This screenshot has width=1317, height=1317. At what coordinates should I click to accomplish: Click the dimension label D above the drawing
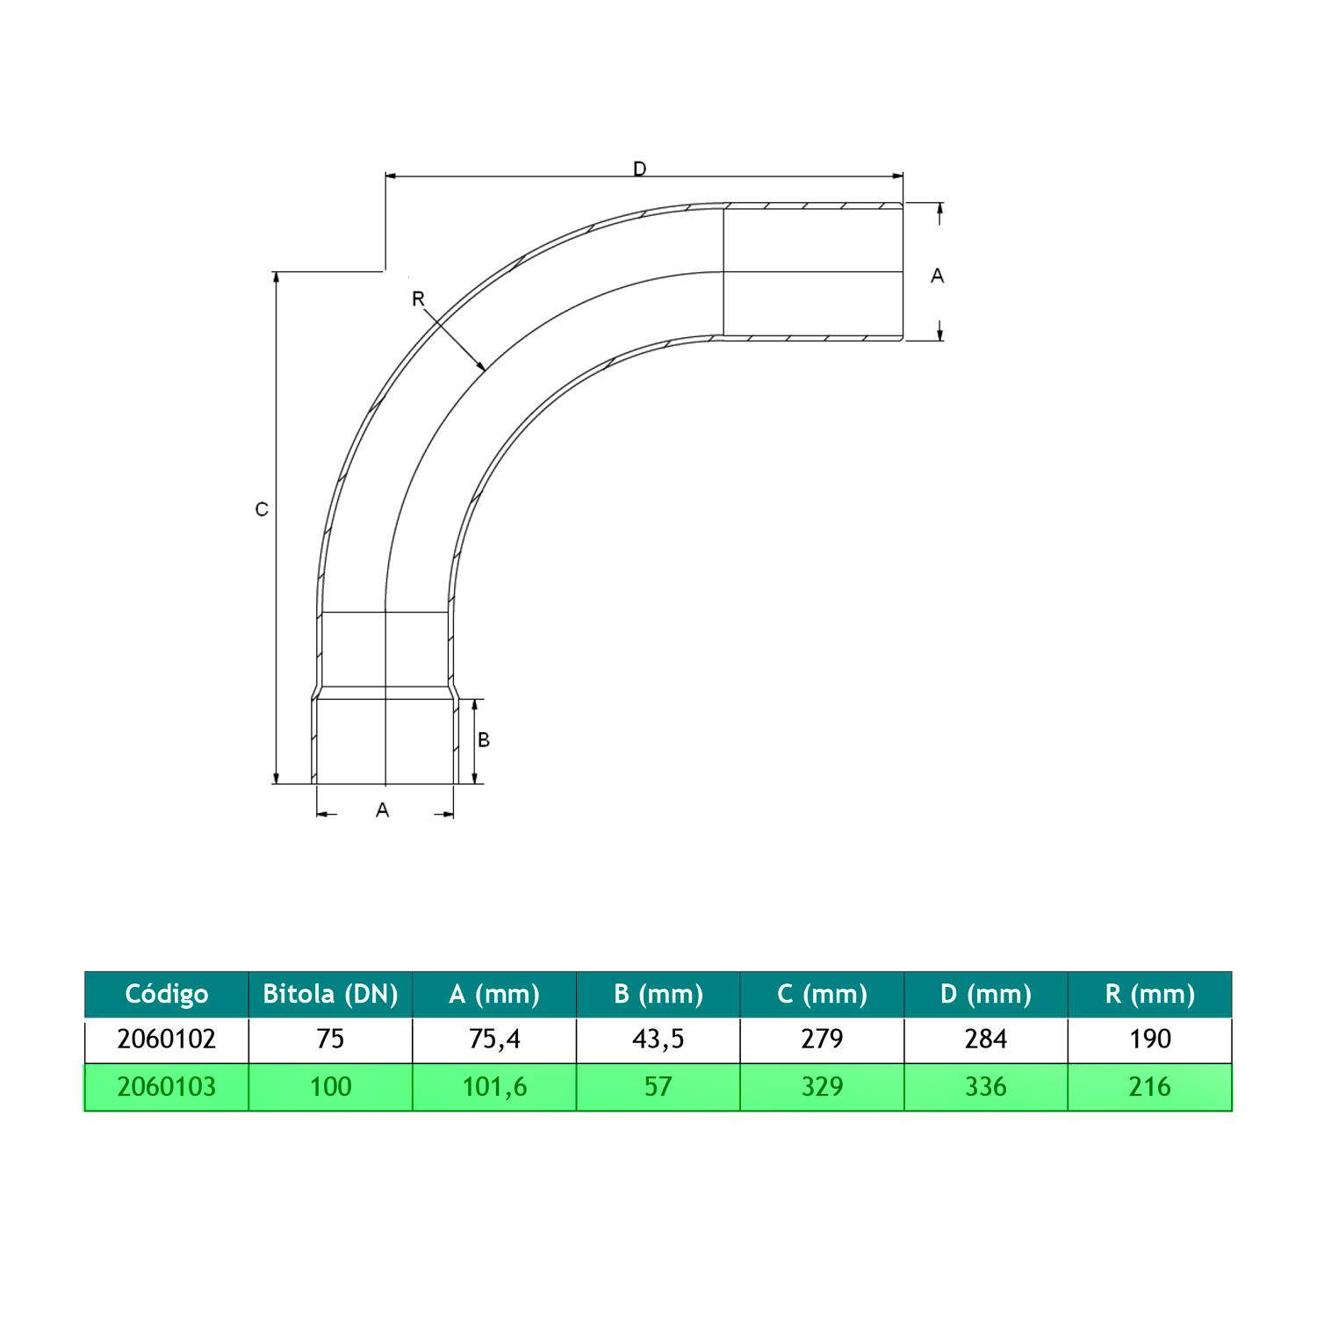click(640, 168)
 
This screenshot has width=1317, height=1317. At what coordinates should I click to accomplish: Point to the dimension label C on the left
click(261, 509)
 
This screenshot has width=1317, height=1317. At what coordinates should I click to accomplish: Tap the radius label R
click(418, 299)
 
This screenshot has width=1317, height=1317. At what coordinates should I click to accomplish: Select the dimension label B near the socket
click(483, 740)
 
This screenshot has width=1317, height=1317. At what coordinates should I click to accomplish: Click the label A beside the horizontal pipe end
click(938, 276)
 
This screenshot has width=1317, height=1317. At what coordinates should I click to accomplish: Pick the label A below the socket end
click(382, 810)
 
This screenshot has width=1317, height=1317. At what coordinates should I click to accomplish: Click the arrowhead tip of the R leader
click(486, 371)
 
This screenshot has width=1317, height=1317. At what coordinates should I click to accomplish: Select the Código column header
click(167, 994)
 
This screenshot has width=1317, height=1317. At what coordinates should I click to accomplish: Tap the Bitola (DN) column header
click(331, 994)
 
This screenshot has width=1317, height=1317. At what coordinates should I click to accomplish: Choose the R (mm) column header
click(1150, 994)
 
